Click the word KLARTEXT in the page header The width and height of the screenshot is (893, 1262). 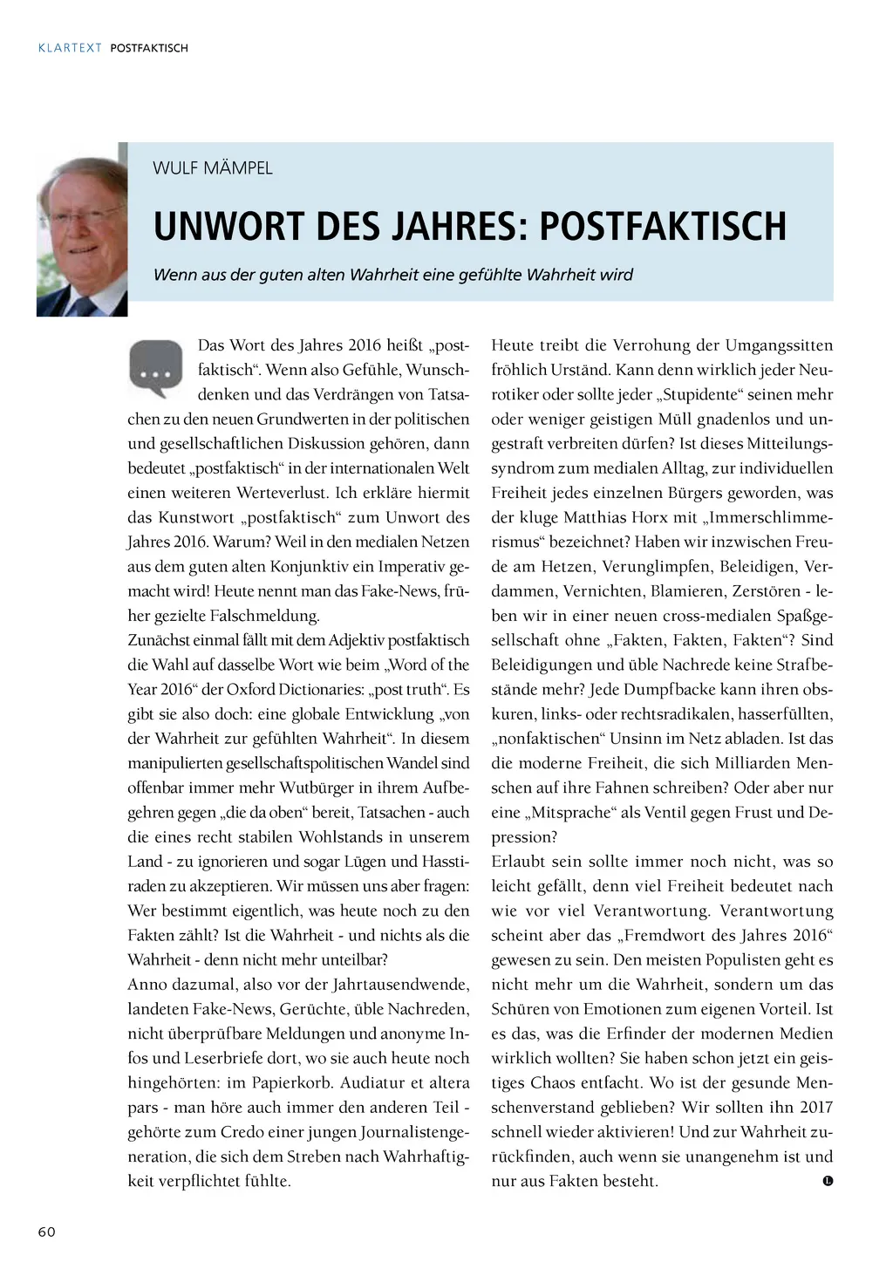70,48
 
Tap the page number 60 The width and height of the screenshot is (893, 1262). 46,1231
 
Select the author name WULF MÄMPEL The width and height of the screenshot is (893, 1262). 212,168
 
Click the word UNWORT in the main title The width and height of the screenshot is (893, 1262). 229,226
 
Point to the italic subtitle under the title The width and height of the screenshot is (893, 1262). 392,275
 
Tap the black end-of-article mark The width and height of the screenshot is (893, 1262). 828,1181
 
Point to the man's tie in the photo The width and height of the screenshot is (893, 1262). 85,304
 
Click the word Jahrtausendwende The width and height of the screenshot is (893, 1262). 400,984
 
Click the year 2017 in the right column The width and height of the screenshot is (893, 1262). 816,1107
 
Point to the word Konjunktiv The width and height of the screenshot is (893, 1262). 261,566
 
